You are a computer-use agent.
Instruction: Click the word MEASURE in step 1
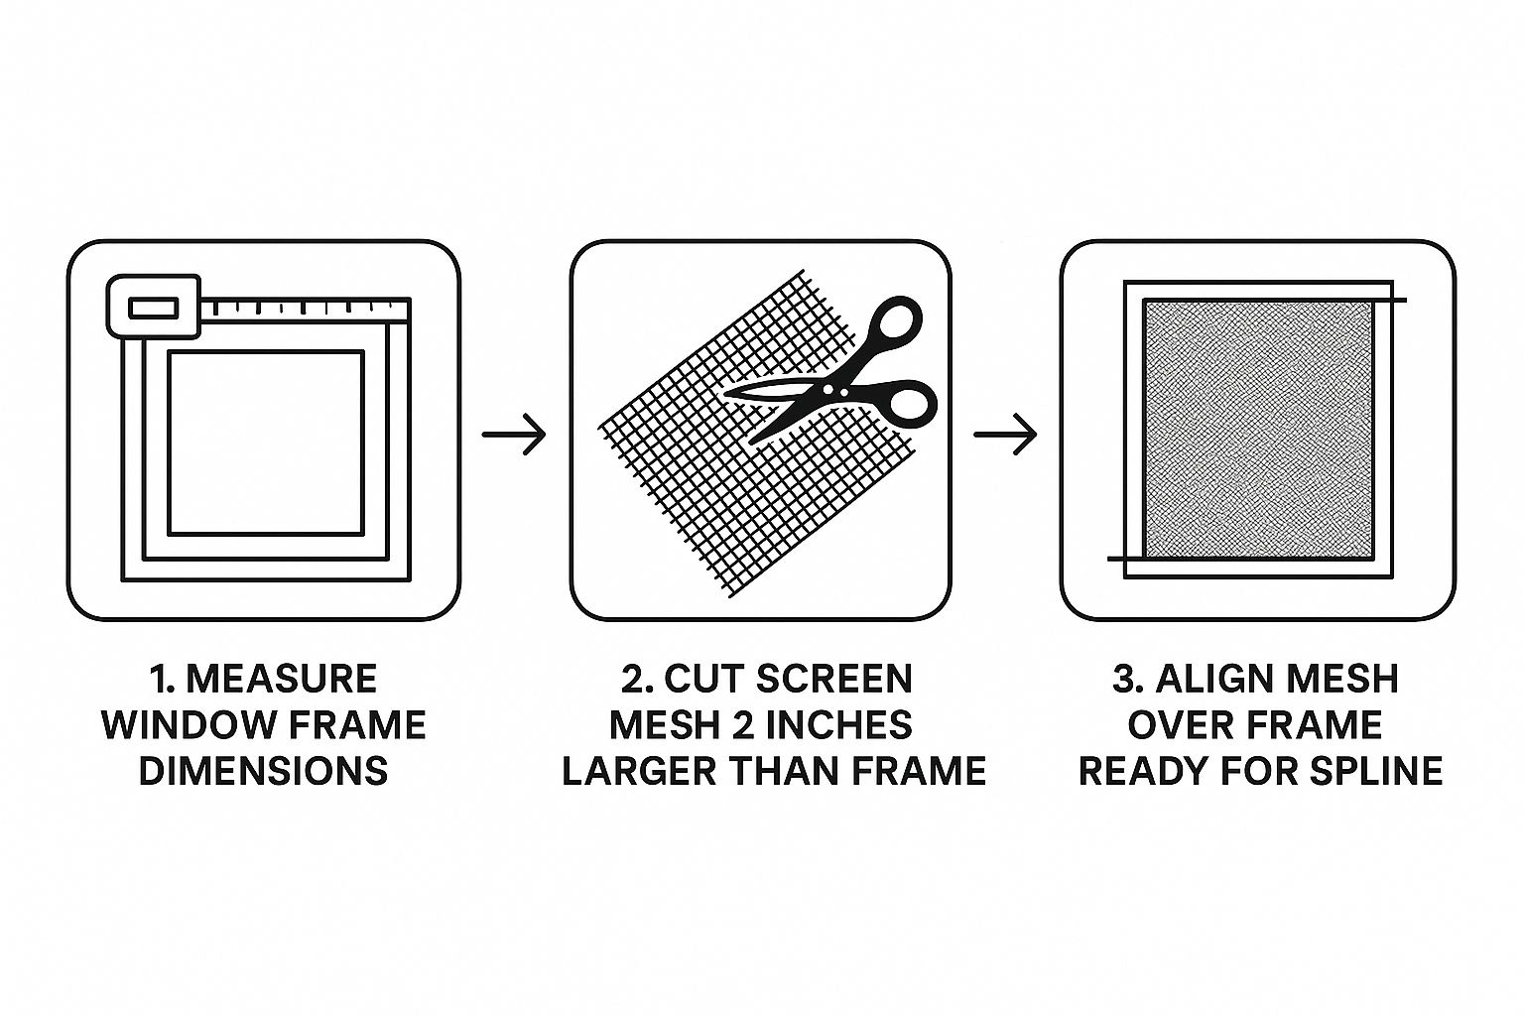tap(282, 679)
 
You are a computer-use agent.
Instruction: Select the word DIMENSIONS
tap(264, 771)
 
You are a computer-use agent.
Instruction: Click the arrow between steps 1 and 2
tap(514, 435)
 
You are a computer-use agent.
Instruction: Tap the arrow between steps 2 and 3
tap(1005, 435)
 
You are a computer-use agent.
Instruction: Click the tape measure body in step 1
tap(154, 307)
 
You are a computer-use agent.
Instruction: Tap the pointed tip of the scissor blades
tap(725, 393)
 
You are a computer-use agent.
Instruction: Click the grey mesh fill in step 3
tap(1258, 430)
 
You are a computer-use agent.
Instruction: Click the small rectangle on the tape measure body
tap(154, 308)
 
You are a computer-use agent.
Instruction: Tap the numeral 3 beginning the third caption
tap(1123, 679)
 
